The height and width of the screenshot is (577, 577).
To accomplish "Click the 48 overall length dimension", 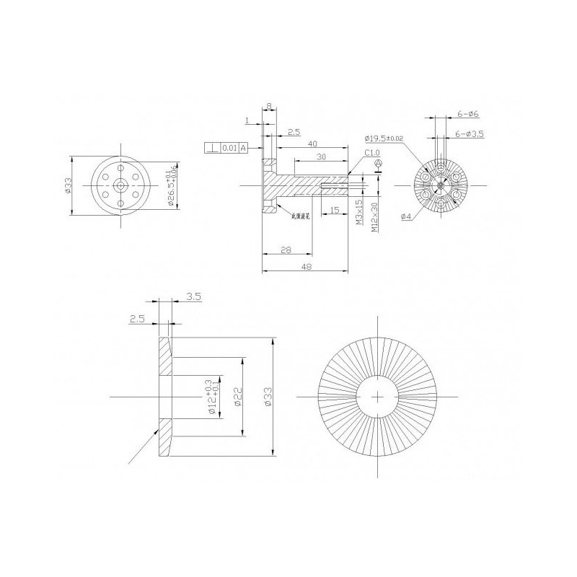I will coord(307,266).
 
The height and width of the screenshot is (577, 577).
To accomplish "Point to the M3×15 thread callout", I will coord(358,212).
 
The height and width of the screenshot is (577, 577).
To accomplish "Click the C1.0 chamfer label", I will coord(372,153).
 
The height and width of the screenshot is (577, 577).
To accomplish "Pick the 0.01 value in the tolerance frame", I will coord(229,148).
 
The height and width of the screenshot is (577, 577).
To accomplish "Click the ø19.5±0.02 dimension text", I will coord(384,138).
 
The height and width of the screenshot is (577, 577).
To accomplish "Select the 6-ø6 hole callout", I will coord(468,114).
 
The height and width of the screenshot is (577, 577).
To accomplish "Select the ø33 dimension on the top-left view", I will coord(67,185).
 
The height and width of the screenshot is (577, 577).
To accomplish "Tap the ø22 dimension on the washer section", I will coord(237,396).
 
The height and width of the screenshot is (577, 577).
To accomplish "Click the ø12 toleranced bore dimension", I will coord(212,395).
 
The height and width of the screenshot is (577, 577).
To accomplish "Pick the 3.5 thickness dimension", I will coord(193,296).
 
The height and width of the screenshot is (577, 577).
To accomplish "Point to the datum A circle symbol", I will coord(377,165).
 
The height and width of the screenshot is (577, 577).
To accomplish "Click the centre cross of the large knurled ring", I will coord(379,397).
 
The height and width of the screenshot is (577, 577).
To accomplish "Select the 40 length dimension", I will coord(312,144).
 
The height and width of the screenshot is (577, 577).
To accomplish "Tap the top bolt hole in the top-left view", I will coord(120,167).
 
